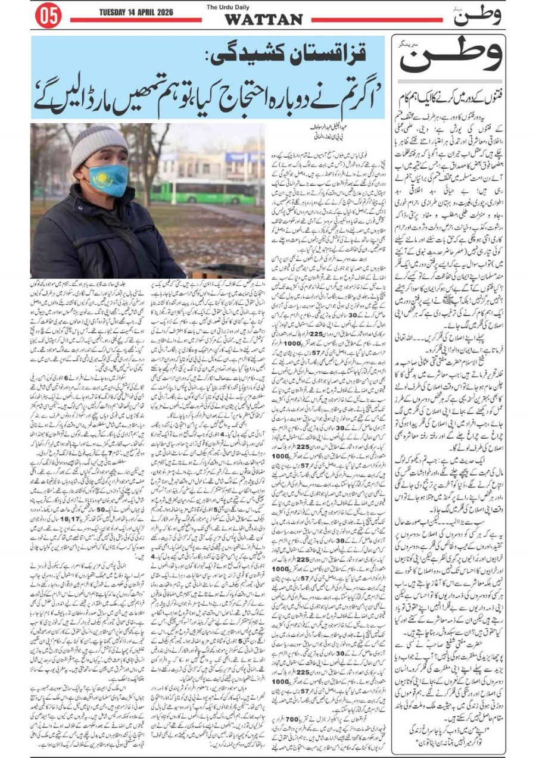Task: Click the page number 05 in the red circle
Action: click(x=48, y=16)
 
